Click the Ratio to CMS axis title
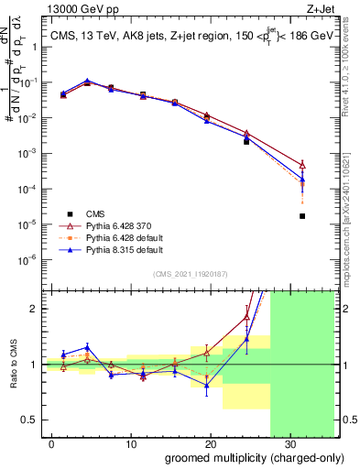[x=14, y=365]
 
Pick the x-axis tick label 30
[x=289, y=442]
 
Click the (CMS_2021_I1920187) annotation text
[x=190, y=274]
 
